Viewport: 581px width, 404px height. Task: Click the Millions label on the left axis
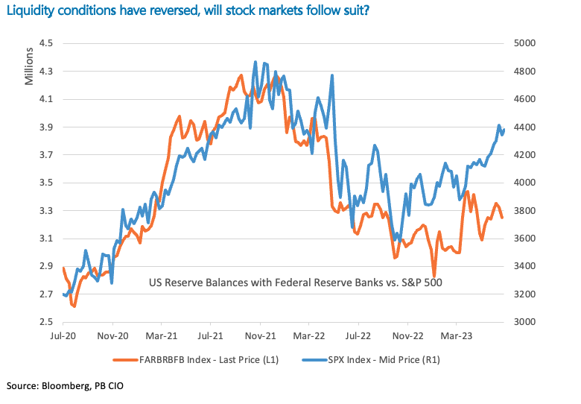click(30, 66)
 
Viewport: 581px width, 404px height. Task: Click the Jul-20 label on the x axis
click(63, 337)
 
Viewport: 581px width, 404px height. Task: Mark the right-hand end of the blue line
click(504, 130)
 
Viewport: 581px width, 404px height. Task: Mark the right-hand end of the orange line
click(502, 218)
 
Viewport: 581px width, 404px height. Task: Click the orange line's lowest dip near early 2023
click(434, 276)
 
